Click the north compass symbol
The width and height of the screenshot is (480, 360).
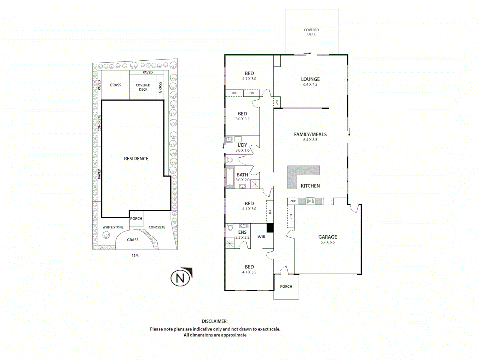181,277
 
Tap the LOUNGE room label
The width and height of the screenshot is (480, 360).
310,79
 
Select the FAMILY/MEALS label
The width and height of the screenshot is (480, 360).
310,134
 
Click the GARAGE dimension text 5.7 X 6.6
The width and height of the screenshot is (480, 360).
327,242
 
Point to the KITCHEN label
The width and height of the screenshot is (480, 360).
310,186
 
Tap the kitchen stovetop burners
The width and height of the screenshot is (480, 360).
310,201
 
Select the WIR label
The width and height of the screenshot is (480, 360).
261,237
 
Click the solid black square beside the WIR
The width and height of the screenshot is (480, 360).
270,228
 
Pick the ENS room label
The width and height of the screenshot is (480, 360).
242,232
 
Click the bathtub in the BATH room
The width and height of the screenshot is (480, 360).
230,177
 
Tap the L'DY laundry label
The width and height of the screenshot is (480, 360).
242,145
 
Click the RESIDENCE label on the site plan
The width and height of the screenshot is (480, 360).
136,159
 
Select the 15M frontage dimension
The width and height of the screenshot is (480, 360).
135,256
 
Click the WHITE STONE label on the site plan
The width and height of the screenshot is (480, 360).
113,227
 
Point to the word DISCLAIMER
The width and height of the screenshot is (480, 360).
215,321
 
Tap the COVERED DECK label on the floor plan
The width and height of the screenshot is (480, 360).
311,32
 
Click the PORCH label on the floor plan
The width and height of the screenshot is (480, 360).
286,287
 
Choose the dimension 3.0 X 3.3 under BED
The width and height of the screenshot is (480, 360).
242,119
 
